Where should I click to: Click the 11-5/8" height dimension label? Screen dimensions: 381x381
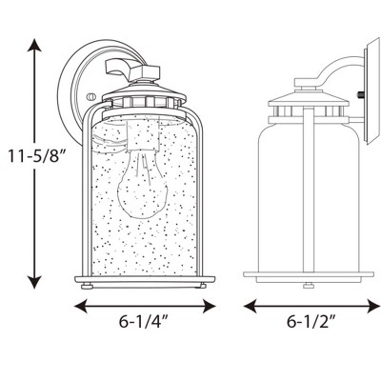coord(35,156)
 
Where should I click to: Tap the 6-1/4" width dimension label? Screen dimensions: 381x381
coord(143,322)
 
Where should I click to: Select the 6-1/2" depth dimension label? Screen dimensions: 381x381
coord(311,322)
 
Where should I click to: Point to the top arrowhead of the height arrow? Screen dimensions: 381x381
coord(34,45)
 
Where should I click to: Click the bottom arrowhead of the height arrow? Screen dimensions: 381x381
coord(34,282)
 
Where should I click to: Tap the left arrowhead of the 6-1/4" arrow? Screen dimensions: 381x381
coord(81,307)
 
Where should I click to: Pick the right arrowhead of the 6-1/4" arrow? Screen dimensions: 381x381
coord(209,307)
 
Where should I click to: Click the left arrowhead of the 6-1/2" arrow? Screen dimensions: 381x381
coord(251,307)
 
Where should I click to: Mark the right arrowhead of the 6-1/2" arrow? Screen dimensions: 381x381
coord(373,307)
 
